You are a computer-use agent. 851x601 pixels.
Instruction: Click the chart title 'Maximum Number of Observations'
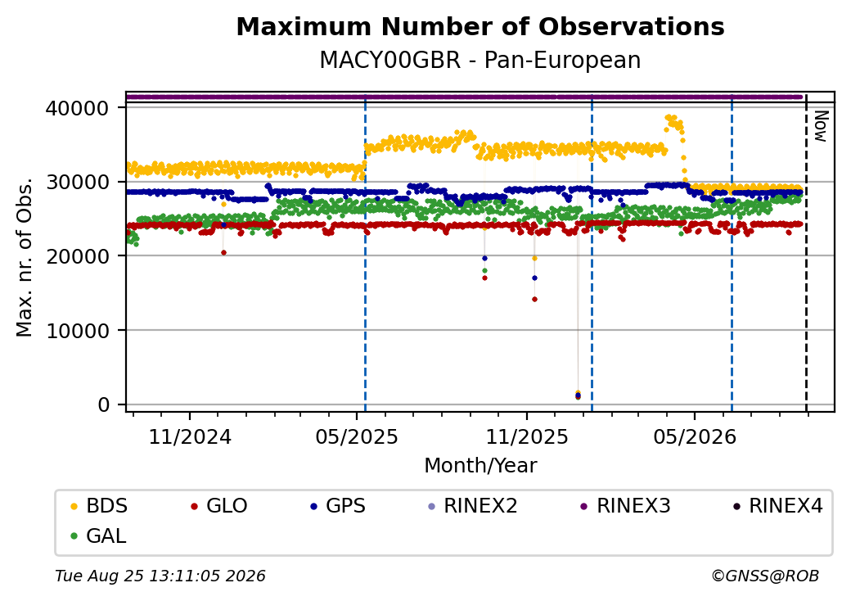coord(480,26)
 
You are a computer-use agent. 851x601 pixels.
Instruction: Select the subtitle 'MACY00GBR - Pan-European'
coord(480,60)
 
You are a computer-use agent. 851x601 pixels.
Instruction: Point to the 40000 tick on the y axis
coord(77,109)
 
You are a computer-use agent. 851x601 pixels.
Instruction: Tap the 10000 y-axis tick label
coord(77,331)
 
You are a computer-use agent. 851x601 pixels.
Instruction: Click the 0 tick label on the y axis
coord(103,404)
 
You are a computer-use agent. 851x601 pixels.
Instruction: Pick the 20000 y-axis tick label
coord(77,256)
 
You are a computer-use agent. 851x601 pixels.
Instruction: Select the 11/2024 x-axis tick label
coord(190,437)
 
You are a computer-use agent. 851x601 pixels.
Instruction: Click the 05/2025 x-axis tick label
coord(357,437)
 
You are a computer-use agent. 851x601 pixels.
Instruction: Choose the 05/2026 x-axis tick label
coord(695,437)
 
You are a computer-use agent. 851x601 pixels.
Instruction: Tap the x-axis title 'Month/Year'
coord(480,466)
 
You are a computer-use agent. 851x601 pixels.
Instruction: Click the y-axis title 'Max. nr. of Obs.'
coord(25,257)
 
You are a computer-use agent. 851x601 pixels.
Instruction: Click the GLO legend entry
coord(219,506)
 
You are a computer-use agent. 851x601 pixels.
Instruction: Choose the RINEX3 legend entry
coord(625,506)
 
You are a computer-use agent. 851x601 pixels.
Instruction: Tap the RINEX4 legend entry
coord(777,506)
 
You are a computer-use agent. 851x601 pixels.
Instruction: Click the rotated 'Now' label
coord(822,126)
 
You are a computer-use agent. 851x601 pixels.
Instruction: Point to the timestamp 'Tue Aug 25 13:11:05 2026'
coord(160,576)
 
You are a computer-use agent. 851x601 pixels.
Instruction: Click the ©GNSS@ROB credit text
coord(765,576)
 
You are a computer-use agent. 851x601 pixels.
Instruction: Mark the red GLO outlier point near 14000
coord(534,299)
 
